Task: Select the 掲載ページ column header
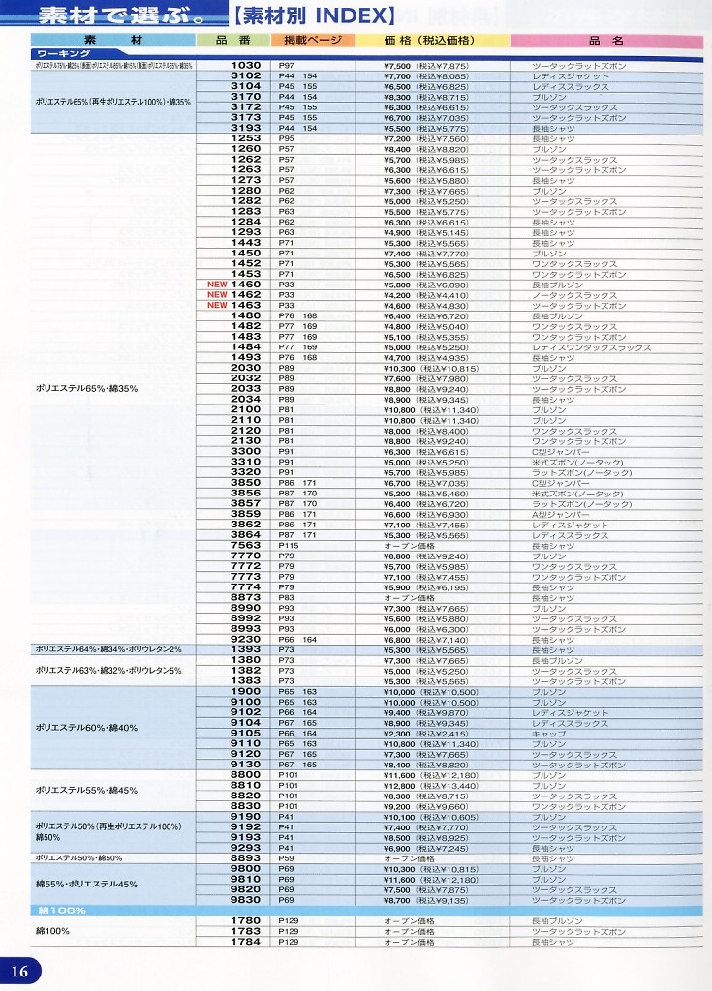coord(306,41)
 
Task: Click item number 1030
coord(246,65)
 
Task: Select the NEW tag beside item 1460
coord(216,285)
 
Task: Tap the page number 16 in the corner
coord(19,972)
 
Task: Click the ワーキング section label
coord(62,54)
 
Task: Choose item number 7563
coord(246,546)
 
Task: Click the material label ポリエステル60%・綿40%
coord(86,728)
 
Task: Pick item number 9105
coord(246,734)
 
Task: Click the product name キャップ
coord(548,734)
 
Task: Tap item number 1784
coord(246,942)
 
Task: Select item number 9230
coord(246,640)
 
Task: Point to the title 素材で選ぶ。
coord(103,15)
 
